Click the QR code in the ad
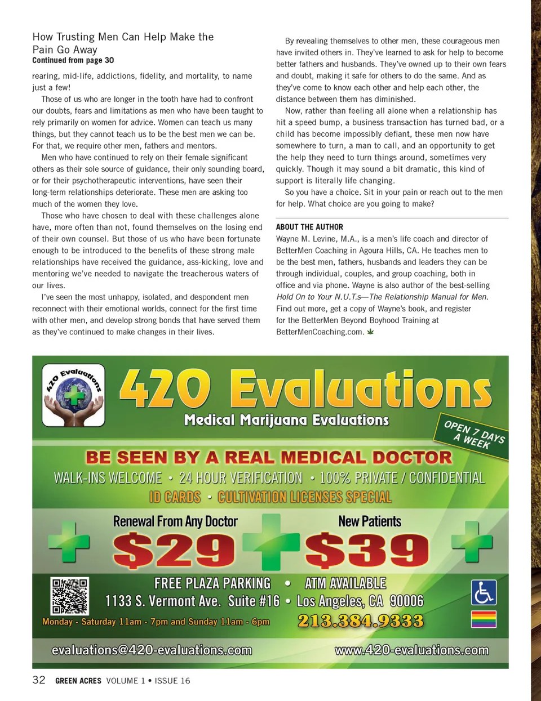point(70,596)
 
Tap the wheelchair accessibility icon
point(484,592)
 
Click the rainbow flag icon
point(484,619)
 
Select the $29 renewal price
point(174,551)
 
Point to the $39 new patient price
point(367,551)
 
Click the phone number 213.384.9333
point(361,621)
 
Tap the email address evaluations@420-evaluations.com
point(152,650)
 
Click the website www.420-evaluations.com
point(411,650)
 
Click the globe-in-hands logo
point(73,395)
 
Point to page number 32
point(39,680)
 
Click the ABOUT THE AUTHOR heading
point(309,227)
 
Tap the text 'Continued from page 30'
point(73,60)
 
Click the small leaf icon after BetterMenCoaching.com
point(370,332)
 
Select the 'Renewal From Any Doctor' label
point(175,521)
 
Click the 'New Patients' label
point(370,521)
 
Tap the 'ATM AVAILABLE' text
point(345,583)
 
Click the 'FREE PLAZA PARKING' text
point(212,583)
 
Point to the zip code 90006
point(406,601)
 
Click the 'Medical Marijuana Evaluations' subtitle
point(286,420)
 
